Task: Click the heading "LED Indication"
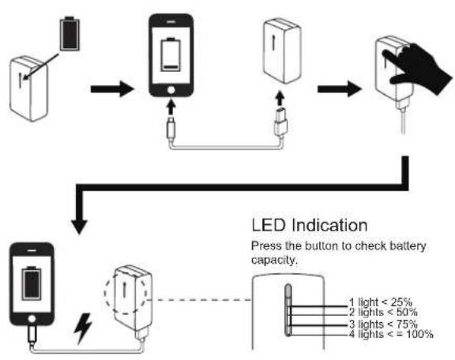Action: [310, 225]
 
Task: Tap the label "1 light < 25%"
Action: [381, 302]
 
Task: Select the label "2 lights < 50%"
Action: [383, 313]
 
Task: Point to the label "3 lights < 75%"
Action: [383, 324]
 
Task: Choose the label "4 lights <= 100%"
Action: [391, 334]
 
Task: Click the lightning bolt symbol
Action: [83, 328]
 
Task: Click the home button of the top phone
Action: [171, 90]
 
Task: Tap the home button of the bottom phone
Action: [32, 319]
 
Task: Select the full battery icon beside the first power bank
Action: [70, 33]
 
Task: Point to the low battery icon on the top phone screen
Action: [171, 54]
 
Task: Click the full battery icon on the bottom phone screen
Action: [32, 283]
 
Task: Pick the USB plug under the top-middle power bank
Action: [280, 121]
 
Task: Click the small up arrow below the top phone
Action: [171, 107]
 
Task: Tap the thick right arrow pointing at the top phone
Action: [113, 89]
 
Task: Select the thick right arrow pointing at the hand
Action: [340, 89]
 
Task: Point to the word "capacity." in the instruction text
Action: [275, 260]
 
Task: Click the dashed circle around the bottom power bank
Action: [104, 293]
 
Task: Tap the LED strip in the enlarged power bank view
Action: [288, 310]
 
